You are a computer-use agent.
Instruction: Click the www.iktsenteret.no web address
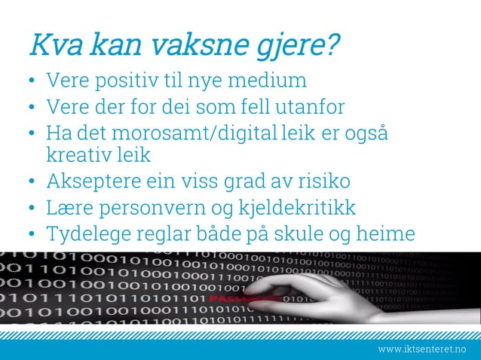click(421, 349)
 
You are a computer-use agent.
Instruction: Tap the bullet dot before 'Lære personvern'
click(32, 208)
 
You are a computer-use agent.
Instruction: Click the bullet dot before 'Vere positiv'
click(32, 80)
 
